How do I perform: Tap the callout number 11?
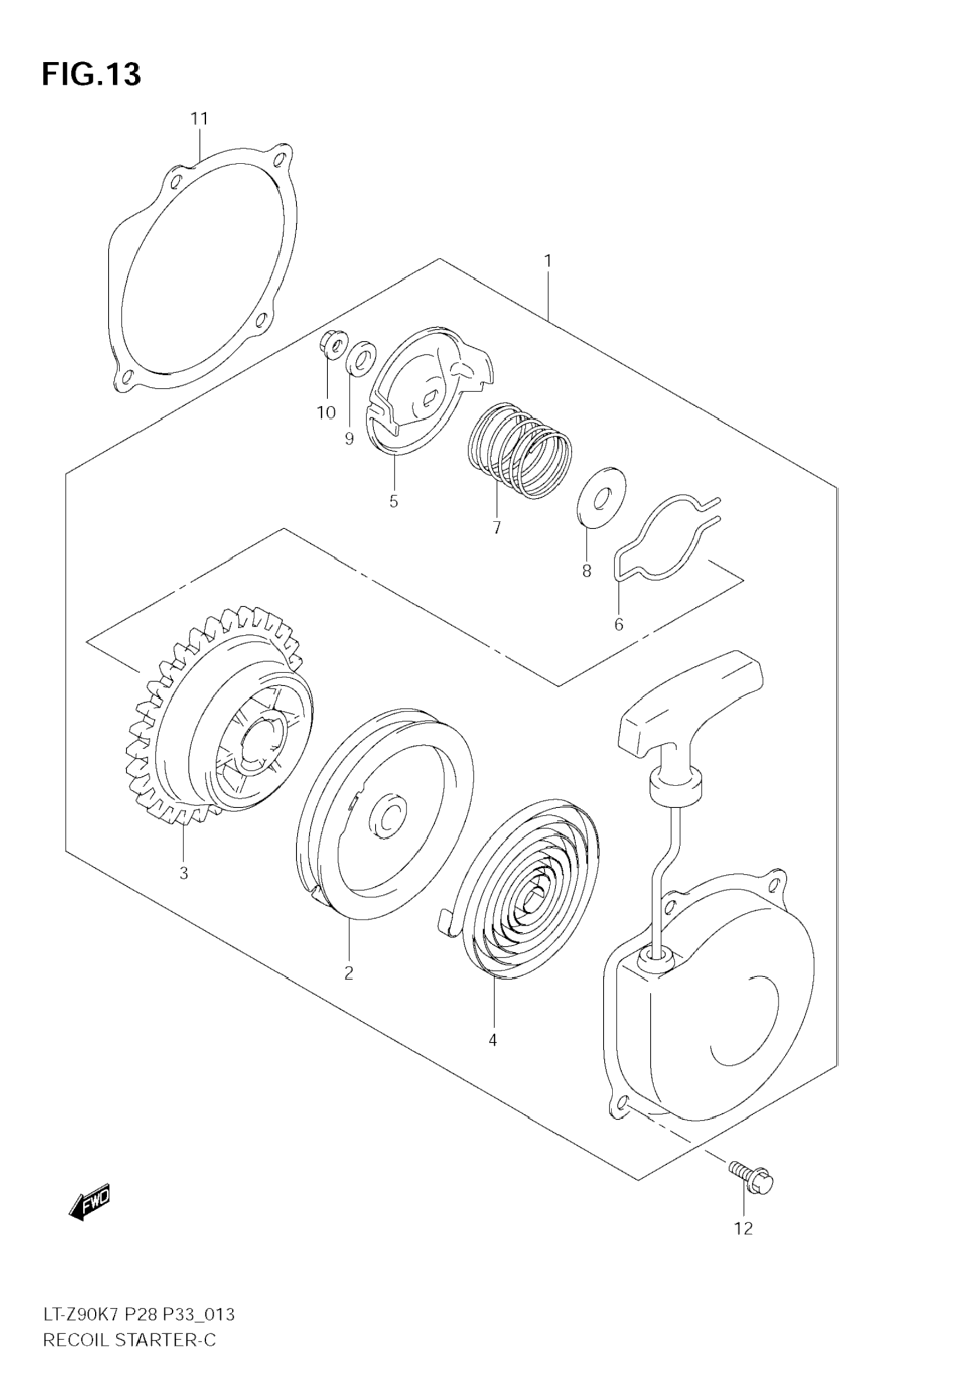[x=199, y=119]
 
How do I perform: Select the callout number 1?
[x=548, y=262]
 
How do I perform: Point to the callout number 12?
[x=743, y=1228]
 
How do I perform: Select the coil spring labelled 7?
[x=520, y=451]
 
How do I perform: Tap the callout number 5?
[x=393, y=501]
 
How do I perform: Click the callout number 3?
[x=184, y=873]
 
